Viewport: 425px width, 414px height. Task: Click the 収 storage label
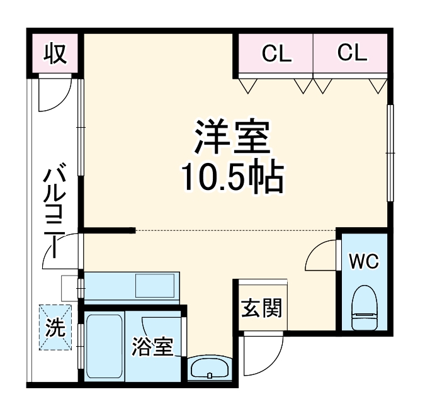[55, 54]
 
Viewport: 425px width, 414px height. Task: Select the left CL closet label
[277, 54]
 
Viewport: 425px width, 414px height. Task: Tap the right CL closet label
[352, 53]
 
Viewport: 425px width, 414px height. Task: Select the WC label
[365, 261]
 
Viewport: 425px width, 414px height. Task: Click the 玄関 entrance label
[261, 308]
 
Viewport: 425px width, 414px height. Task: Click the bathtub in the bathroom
[105, 344]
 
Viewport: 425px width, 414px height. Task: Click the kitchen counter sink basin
[156, 287]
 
